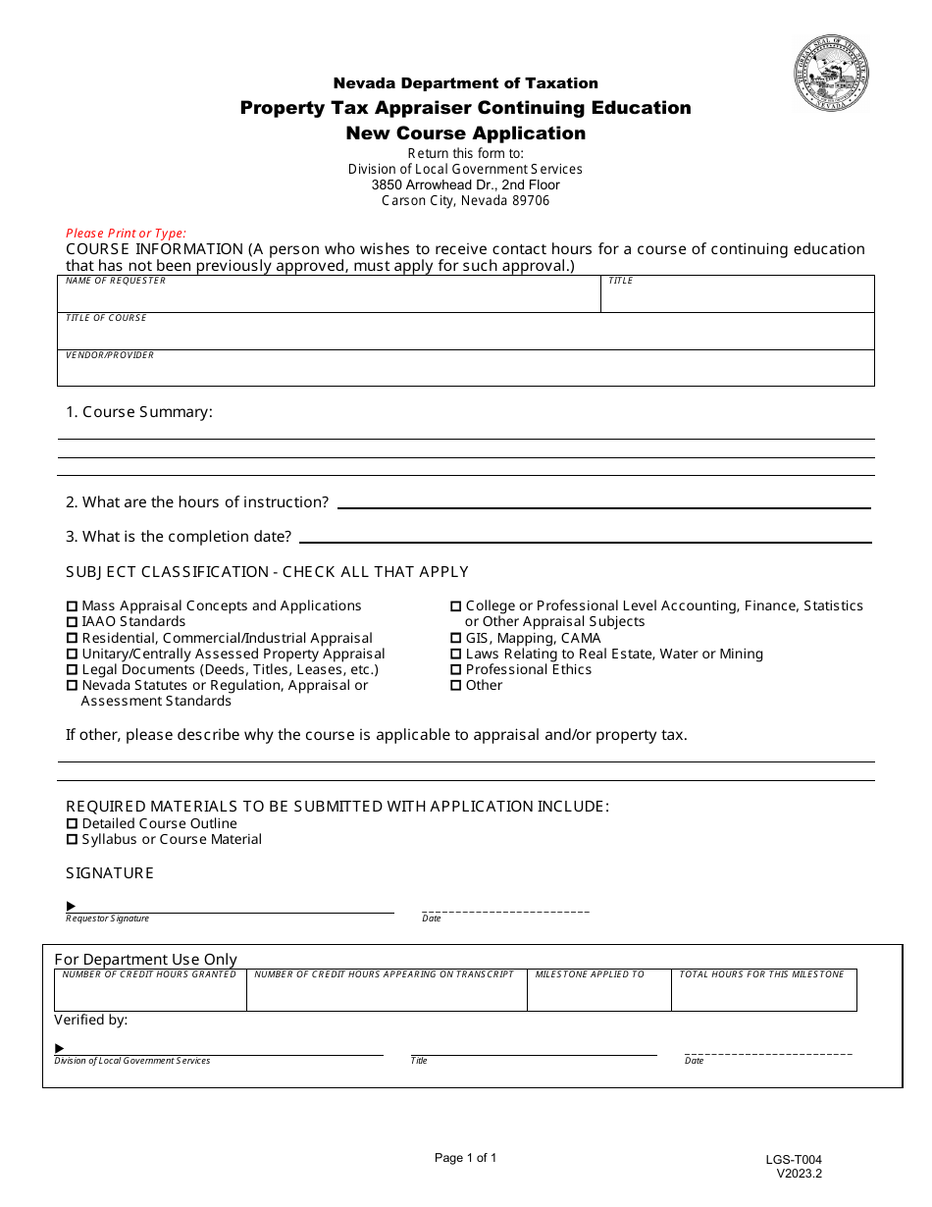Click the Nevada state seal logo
831,74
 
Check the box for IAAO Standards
72,622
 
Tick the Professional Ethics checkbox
455,670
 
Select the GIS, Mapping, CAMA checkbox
455,639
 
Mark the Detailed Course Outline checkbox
72,824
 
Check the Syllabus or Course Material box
72,840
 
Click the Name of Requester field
329,297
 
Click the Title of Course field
465,335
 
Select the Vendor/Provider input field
465,372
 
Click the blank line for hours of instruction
603,500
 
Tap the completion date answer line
585,535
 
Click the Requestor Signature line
231,906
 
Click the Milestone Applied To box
598,994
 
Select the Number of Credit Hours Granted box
150,994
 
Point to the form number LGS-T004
794,1160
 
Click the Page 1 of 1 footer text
465,1158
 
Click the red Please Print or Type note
126,234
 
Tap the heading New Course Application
465,133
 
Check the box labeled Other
455,686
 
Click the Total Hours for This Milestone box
763,994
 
